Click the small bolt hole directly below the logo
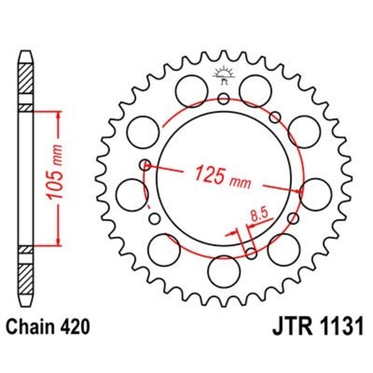223,98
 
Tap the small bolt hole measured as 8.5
251,253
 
